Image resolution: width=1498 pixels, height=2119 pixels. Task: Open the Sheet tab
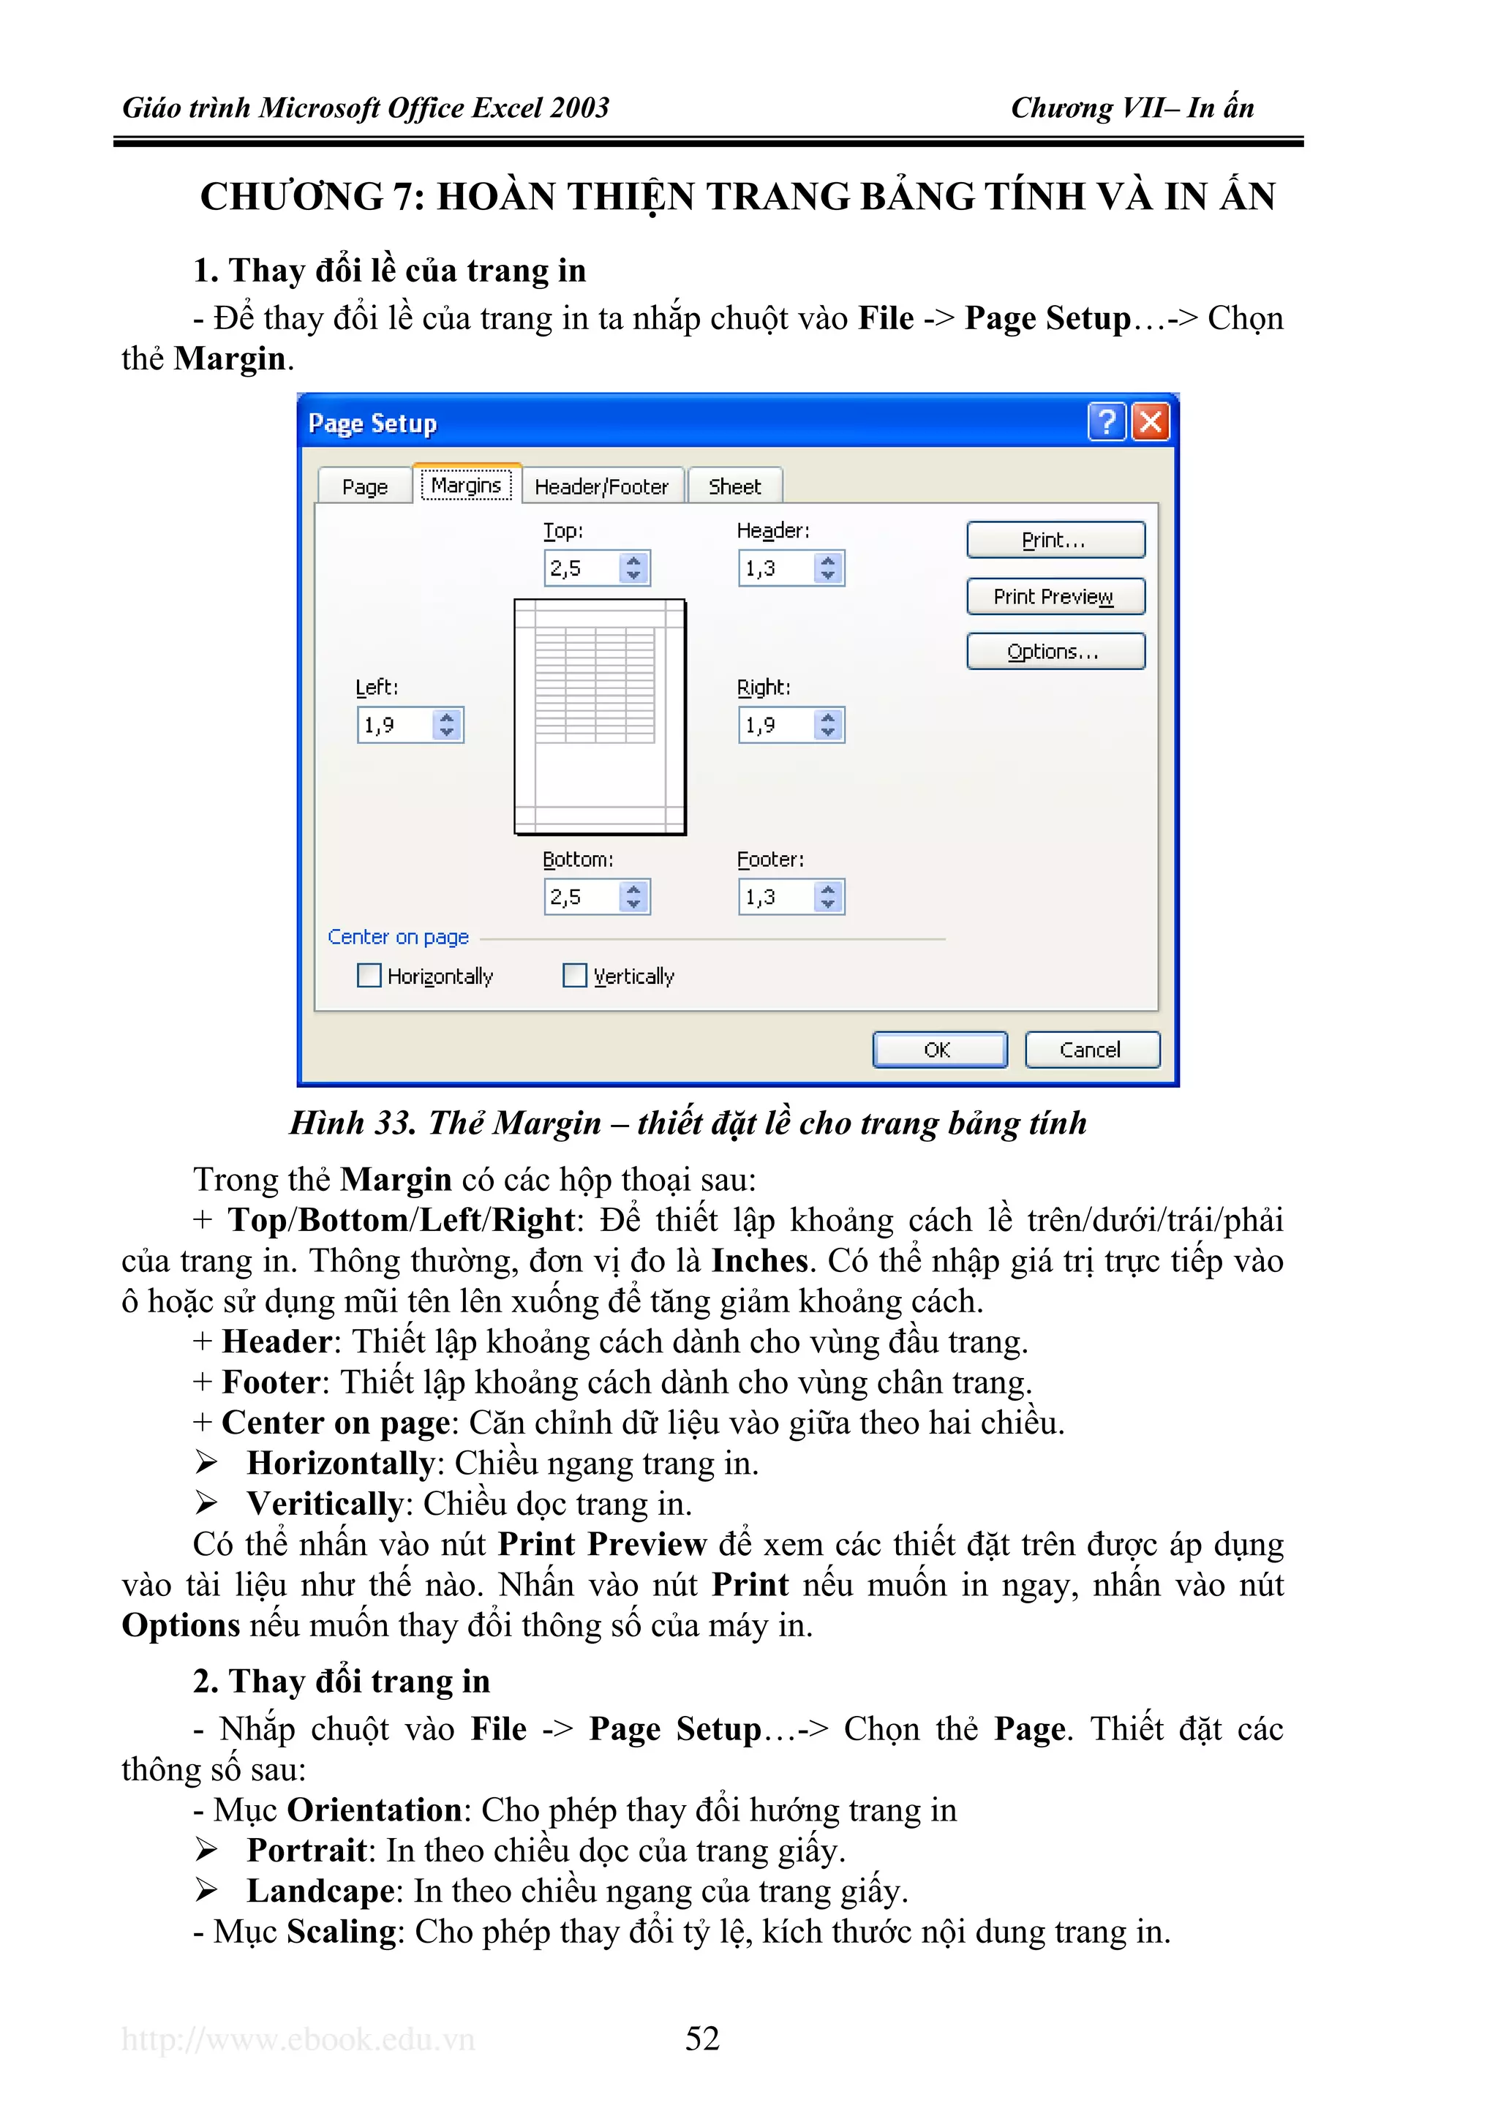(734, 486)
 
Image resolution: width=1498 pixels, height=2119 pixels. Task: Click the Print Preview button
(1055, 596)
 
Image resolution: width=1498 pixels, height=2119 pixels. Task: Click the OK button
(938, 1050)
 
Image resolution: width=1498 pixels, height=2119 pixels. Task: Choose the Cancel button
(1091, 1050)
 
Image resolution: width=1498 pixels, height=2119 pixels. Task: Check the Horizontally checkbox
(369, 976)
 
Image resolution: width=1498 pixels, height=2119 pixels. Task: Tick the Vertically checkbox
(575, 976)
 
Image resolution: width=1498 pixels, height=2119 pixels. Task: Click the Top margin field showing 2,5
(581, 568)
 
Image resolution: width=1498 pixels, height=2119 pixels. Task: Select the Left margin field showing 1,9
(395, 724)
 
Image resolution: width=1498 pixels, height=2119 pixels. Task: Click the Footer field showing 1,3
(775, 896)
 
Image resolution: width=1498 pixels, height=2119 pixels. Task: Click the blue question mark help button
(1107, 423)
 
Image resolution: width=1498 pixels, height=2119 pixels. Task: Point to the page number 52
(701, 2038)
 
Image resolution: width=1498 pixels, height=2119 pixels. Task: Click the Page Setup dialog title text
(372, 424)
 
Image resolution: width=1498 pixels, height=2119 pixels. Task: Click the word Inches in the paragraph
(759, 1261)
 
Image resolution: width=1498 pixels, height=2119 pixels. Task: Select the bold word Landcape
(320, 1891)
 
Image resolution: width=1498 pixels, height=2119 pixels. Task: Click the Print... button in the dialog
(1055, 540)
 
